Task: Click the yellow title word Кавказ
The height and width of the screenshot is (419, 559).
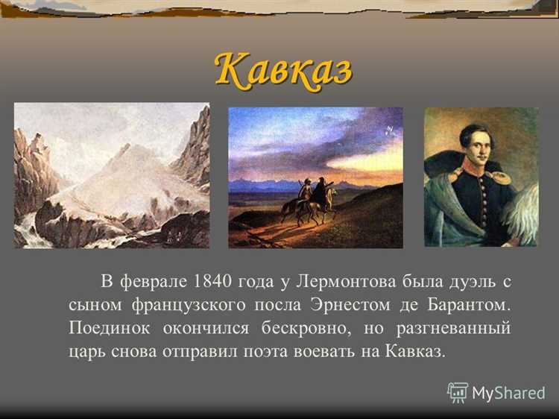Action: (283, 70)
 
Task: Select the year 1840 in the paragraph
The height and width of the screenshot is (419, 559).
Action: (212, 281)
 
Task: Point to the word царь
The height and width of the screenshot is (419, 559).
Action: (85, 351)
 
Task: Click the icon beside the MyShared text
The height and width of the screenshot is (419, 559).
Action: (458, 392)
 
